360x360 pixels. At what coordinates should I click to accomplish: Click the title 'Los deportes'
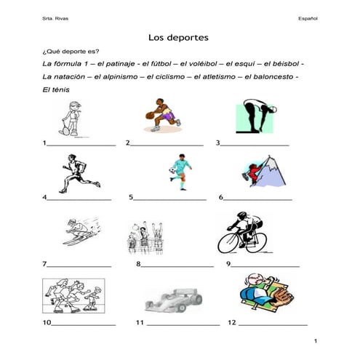pos(179,36)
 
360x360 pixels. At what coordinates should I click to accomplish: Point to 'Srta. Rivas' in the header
pos(54,16)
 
